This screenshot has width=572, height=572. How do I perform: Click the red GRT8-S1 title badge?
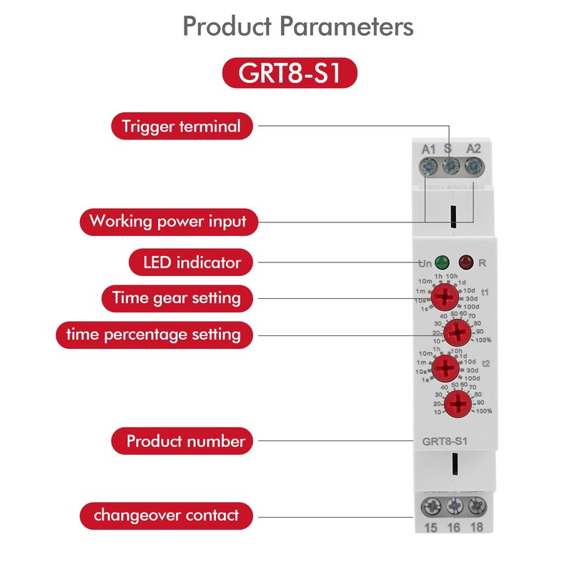(x=290, y=73)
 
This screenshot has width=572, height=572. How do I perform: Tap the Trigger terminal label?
(x=182, y=127)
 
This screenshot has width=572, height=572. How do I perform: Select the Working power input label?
(x=169, y=222)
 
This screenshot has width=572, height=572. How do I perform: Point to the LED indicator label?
(x=191, y=262)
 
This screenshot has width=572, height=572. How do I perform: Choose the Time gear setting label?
(x=177, y=298)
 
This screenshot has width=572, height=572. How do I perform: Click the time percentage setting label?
(x=154, y=335)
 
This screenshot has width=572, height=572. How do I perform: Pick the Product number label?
(x=182, y=441)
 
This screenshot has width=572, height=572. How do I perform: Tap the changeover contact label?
(x=167, y=516)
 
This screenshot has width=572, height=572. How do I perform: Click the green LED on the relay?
(x=442, y=262)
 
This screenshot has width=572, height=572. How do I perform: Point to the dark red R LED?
(x=466, y=262)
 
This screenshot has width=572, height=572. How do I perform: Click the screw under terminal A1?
(x=428, y=167)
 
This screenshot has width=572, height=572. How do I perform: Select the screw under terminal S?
(x=451, y=167)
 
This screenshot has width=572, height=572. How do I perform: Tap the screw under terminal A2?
(x=473, y=167)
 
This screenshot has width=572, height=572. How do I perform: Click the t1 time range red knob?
(x=445, y=297)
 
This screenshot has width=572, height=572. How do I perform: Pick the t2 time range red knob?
(x=445, y=368)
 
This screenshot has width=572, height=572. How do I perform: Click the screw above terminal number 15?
(x=431, y=507)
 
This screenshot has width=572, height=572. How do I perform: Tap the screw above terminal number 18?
(x=477, y=507)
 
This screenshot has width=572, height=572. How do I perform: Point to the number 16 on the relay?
(x=454, y=528)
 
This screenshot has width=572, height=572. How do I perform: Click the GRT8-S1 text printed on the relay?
(x=445, y=441)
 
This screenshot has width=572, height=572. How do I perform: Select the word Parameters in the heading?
(x=347, y=26)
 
